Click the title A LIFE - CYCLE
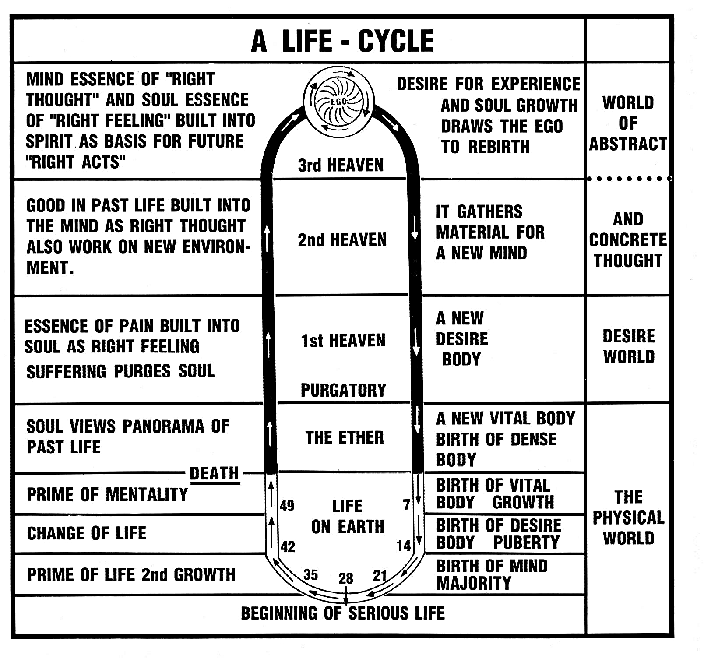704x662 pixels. [342, 41]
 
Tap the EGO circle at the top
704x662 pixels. [338, 102]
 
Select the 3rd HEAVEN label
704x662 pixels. [341, 165]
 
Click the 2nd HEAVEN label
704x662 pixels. [342, 240]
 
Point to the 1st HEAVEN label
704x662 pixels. [343, 341]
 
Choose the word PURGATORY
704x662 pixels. [343, 390]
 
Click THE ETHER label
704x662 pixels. [345, 437]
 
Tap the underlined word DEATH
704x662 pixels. [214, 474]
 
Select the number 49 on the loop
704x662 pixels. [287, 506]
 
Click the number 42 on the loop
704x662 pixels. [288, 547]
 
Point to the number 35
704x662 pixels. [310, 575]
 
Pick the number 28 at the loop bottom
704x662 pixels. [345, 579]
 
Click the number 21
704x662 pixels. [380, 575]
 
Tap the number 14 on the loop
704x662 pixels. [403, 546]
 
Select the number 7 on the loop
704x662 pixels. [406, 505]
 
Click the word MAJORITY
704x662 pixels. [474, 584]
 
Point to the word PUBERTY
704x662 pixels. [526, 543]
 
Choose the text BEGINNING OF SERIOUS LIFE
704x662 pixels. [343, 613]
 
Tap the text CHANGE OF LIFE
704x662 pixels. [87, 533]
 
